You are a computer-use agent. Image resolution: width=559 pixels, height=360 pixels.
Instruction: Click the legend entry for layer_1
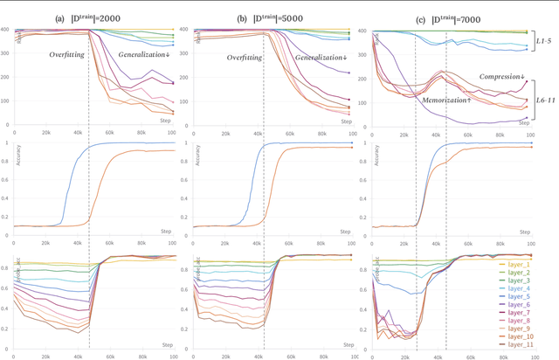coord(521,262)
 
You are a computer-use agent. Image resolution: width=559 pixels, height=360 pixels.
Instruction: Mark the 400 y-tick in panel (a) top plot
coord(6,31)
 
